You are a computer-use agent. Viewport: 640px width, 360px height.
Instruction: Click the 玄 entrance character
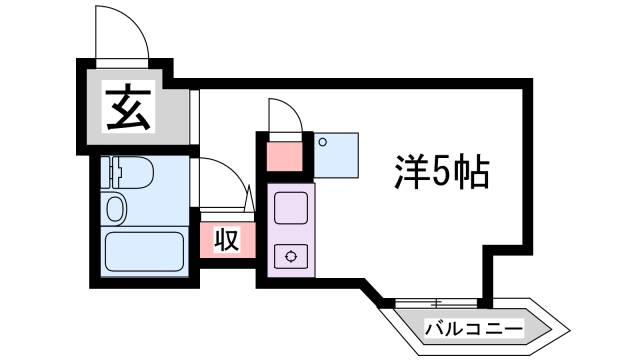pos(129,108)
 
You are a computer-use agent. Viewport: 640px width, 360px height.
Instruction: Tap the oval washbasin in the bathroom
pos(116,211)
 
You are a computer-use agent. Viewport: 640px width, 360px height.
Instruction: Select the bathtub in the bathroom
pos(145,252)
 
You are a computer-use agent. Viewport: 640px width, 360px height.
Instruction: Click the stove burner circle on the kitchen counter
pos(291,256)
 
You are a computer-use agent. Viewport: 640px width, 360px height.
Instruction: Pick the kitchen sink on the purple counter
pos(291,210)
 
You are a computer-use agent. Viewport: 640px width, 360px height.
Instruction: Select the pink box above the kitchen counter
pos(285,155)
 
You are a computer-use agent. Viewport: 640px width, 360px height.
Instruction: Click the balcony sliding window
pos(437,303)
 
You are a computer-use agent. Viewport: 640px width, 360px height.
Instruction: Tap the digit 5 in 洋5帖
pos(439,175)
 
